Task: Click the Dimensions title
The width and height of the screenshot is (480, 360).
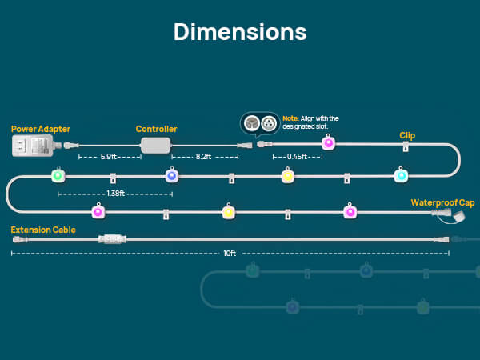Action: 240,32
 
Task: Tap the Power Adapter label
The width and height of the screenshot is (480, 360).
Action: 40,129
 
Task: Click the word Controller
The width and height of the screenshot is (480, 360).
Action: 156,129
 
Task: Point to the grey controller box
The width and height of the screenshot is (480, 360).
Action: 157,145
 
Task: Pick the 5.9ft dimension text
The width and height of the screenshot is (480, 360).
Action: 110,158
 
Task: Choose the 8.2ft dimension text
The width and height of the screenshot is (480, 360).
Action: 206,158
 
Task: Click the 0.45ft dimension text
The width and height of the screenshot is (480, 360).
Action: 297,158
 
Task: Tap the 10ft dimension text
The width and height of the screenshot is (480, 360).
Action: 230,254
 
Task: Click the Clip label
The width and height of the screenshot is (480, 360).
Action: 407,136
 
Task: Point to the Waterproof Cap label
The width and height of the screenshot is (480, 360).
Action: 443,202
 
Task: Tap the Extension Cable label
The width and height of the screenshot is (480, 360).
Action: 43,230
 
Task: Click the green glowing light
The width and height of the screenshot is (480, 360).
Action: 58,175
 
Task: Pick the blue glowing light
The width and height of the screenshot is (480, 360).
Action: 171,175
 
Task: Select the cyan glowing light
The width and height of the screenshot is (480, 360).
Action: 401,175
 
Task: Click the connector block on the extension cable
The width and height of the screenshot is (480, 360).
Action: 110,239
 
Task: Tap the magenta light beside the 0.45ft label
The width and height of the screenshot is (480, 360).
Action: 327,143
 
